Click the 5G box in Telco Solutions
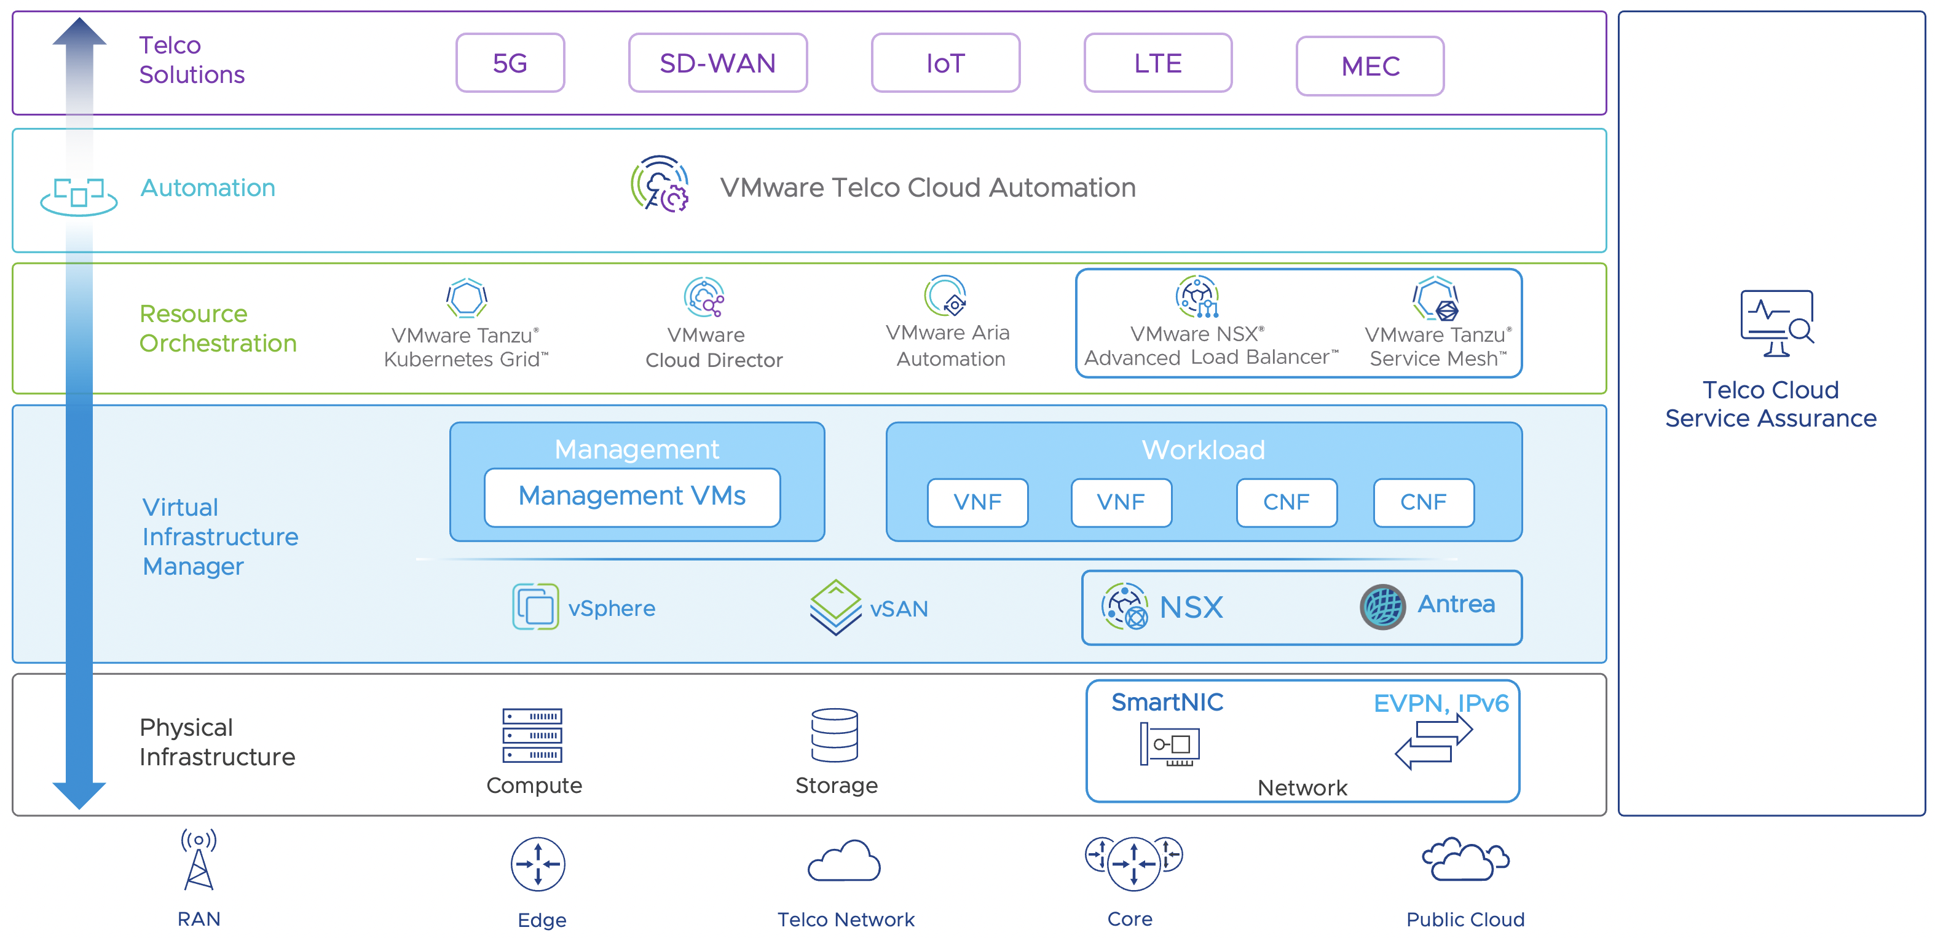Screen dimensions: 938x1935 pyautogui.click(x=510, y=63)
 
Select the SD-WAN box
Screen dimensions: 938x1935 pyautogui.click(x=717, y=63)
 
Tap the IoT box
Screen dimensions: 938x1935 pyautogui.click(x=945, y=63)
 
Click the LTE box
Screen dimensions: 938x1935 pyautogui.click(x=1157, y=63)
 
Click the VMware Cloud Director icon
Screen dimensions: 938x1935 pyautogui.click(x=704, y=298)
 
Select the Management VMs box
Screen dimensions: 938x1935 pyautogui.click(x=632, y=497)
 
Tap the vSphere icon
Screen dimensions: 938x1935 pyautogui.click(x=535, y=606)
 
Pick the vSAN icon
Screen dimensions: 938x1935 pyautogui.click(x=835, y=606)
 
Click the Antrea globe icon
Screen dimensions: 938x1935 pyautogui.click(x=1382, y=606)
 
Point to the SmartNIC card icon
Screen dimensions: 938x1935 pyautogui.click(x=1169, y=744)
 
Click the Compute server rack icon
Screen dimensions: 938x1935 pyautogui.click(x=532, y=735)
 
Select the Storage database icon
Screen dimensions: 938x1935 pyautogui.click(x=835, y=735)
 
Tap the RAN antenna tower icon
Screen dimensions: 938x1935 pyautogui.click(x=199, y=860)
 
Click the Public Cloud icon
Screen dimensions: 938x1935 pyautogui.click(x=1464, y=860)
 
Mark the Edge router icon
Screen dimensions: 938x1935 pyautogui.click(x=538, y=864)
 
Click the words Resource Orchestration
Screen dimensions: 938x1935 pyautogui.click(x=218, y=328)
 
